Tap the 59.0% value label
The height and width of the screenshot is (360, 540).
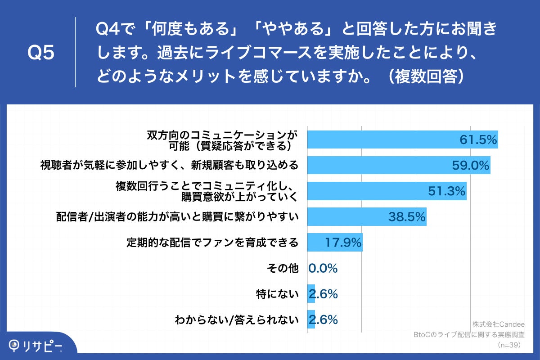pyautogui.click(x=470, y=166)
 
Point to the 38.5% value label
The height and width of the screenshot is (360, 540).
pyautogui.click(x=407, y=217)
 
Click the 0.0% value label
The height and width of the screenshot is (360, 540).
pyautogui.click(x=323, y=269)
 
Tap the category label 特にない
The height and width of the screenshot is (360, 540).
pyautogui.click(x=277, y=294)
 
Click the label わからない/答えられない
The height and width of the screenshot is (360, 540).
pyautogui.click(x=237, y=320)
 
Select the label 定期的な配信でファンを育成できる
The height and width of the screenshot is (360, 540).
pyautogui.click(x=212, y=243)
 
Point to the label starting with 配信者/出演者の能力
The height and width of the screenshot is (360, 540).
pyautogui.click(x=177, y=217)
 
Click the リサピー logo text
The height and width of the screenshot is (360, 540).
pyautogui.click(x=42, y=346)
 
